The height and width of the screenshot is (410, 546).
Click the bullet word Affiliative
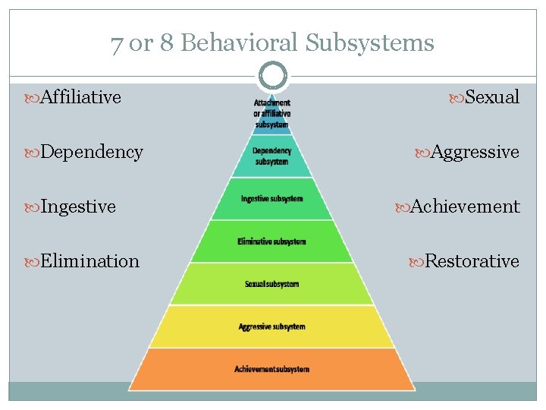point(80,97)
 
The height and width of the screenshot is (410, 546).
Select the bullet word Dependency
point(91,152)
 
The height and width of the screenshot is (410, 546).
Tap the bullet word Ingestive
point(78,207)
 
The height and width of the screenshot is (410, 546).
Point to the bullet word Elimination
point(89,261)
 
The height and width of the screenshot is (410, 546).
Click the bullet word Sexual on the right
point(491,97)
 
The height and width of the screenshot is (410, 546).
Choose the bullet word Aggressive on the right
point(475,152)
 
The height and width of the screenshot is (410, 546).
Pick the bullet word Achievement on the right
point(465,207)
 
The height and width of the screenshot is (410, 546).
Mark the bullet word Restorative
point(472,261)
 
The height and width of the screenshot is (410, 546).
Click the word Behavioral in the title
point(240,43)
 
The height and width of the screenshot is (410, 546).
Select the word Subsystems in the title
point(370,43)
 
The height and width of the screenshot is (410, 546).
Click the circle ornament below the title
point(272,76)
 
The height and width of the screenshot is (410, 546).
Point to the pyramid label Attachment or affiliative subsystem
point(271,113)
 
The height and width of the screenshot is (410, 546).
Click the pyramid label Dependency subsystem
point(271,156)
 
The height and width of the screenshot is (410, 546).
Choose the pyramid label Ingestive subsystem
point(271,199)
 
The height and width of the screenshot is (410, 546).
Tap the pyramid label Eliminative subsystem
point(271,241)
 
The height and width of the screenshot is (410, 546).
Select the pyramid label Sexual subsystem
point(271,284)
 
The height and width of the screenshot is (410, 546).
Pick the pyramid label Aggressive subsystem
point(271,326)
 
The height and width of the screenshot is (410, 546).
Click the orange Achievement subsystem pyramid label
point(271,369)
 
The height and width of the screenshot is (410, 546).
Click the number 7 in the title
point(117,43)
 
